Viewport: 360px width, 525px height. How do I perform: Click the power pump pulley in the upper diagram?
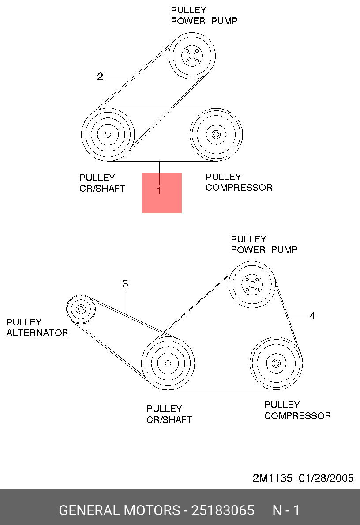[192, 56]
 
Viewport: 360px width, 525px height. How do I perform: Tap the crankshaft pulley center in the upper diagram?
[108, 135]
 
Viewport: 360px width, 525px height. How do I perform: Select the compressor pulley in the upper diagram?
[216, 135]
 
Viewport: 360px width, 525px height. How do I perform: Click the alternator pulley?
[81, 309]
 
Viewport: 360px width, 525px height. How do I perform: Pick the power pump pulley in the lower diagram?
[252, 284]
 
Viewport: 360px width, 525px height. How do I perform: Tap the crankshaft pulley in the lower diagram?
[168, 363]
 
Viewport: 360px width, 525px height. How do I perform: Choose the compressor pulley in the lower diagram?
[276, 363]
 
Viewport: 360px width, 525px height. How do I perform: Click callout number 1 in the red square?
[159, 190]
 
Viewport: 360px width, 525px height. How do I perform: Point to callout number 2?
[100, 77]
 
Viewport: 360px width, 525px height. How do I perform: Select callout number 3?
[125, 284]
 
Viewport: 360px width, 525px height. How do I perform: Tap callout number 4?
[312, 315]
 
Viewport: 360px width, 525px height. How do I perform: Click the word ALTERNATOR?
[37, 333]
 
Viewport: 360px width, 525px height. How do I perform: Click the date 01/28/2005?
[326, 478]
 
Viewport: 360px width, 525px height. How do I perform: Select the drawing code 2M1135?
[272, 478]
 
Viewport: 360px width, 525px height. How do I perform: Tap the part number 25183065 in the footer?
[223, 510]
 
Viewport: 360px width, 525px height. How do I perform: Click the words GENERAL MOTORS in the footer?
[120, 510]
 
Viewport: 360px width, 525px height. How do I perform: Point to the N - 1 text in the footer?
[286, 510]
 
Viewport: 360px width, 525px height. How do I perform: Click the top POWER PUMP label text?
[204, 21]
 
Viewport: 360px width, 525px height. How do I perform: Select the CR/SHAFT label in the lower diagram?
[169, 419]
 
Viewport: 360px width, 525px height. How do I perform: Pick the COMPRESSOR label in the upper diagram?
[239, 188]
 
